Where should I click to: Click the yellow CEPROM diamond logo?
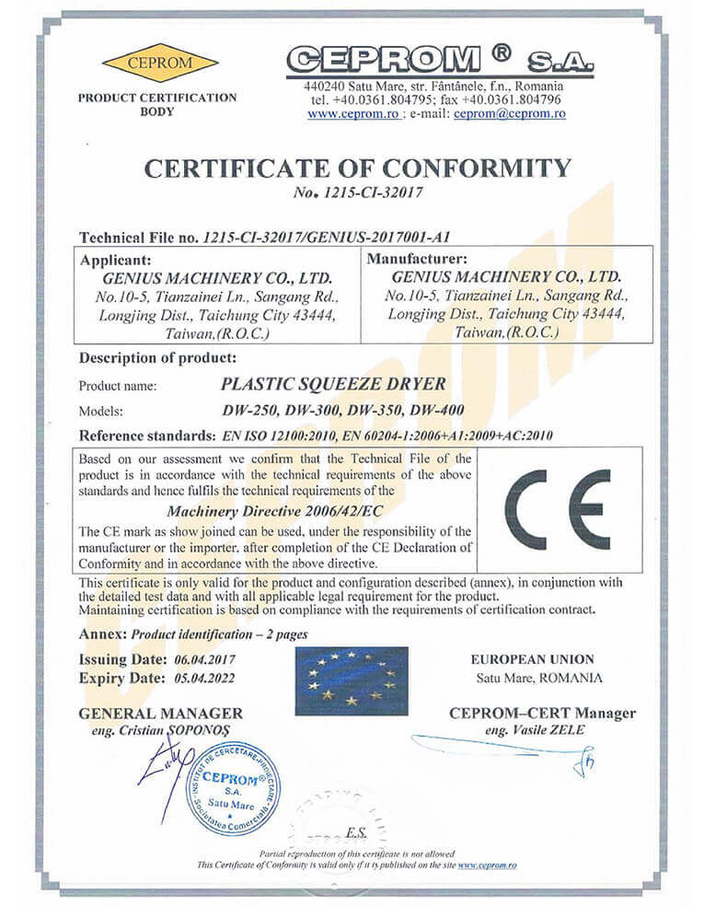tap(160, 63)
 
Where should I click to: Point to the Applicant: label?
tap(116, 259)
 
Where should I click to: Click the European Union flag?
tap(352, 680)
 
